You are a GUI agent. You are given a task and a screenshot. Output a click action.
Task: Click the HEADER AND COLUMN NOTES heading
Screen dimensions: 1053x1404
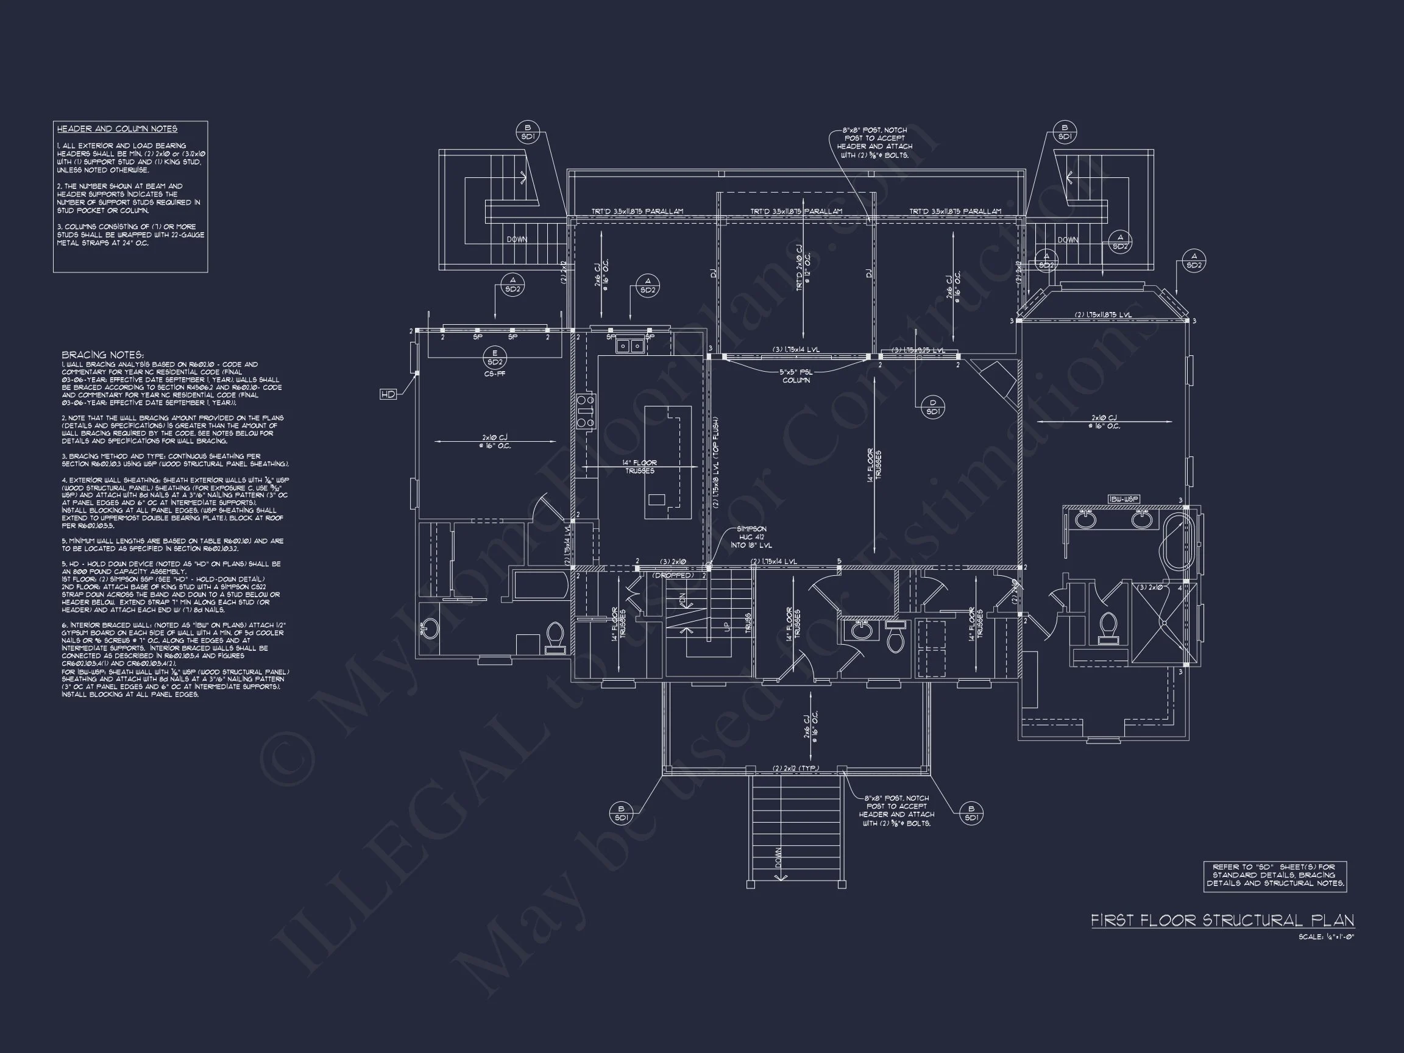(117, 129)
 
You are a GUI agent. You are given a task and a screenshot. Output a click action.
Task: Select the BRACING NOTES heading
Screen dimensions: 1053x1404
(103, 355)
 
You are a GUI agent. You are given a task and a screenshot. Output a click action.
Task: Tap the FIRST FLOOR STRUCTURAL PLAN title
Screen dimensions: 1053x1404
(1222, 920)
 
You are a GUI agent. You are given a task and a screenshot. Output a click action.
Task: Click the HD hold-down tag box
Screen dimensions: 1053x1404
(388, 394)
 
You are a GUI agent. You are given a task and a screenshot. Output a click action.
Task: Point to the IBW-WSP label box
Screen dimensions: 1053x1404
(1124, 500)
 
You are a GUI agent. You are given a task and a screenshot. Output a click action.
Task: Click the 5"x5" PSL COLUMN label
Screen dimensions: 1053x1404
(796, 377)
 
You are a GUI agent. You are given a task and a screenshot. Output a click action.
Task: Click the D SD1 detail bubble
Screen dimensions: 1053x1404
(932, 407)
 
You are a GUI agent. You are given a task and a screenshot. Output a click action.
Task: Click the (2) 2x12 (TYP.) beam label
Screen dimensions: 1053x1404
(795, 768)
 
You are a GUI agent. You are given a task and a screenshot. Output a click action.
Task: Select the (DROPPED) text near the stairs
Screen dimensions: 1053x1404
(673, 575)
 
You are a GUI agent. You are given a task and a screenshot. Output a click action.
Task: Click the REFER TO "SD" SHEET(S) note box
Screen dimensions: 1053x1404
(1275, 876)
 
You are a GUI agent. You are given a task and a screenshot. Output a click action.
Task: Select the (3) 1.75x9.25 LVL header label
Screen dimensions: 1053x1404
(918, 350)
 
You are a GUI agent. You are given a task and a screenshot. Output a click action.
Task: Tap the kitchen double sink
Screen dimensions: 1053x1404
(629, 346)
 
